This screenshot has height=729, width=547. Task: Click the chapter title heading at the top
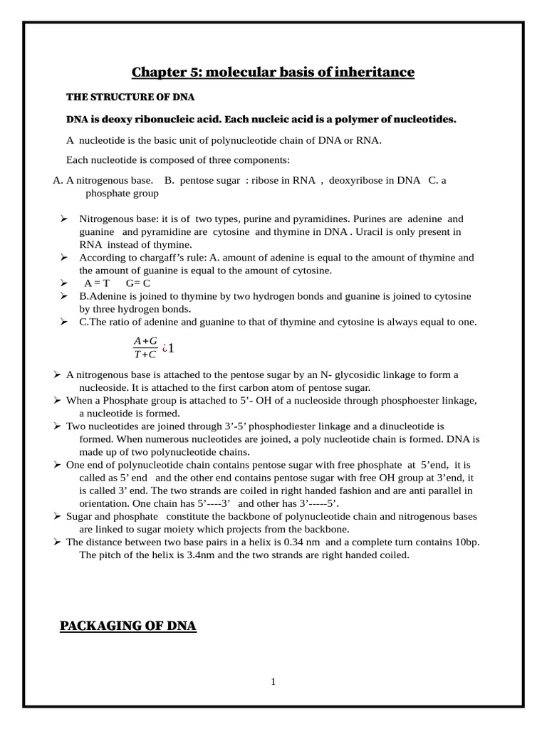pyautogui.click(x=273, y=72)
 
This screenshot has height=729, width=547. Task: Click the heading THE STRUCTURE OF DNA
pyautogui.click(x=130, y=97)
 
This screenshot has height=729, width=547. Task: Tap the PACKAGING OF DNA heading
pyautogui.click(x=128, y=626)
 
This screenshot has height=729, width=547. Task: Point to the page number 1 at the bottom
pyautogui.click(x=273, y=681)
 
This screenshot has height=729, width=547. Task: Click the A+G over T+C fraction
pyautogui.click(x=145, y=348)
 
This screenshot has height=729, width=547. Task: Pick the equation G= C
pyautogui.click(x=137, y=283)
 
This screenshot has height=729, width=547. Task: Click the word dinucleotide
pyautogui.click(x=402, y=426)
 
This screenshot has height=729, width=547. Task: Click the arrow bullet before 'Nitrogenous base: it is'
pyautogui.click(x=64, y=219)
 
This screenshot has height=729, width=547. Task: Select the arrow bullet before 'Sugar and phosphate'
pyautogui.click(x=57, y=516)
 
